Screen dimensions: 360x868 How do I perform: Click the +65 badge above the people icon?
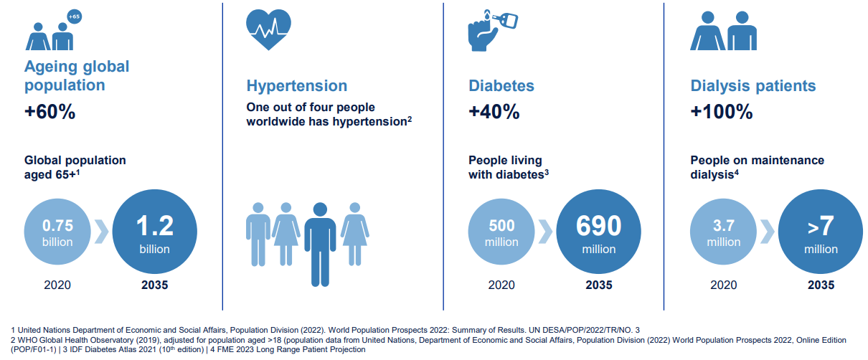73,16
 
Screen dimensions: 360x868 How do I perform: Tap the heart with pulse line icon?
268,29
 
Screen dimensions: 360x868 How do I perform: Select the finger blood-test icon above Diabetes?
491,29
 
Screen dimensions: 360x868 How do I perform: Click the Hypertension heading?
296,86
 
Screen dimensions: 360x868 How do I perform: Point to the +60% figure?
49,113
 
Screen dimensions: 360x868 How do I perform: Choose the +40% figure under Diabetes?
494,113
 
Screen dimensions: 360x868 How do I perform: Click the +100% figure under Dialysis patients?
721,113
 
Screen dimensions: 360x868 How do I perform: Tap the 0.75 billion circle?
57,233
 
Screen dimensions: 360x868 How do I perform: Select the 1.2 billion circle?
155,233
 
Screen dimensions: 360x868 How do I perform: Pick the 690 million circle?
599,233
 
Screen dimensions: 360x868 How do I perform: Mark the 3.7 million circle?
723,233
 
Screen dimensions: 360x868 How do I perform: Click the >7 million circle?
821,233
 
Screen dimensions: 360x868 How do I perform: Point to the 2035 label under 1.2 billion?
155,285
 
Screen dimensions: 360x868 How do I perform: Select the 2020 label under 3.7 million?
723,285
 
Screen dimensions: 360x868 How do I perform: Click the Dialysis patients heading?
753,86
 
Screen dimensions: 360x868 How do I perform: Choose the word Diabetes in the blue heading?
501,86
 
